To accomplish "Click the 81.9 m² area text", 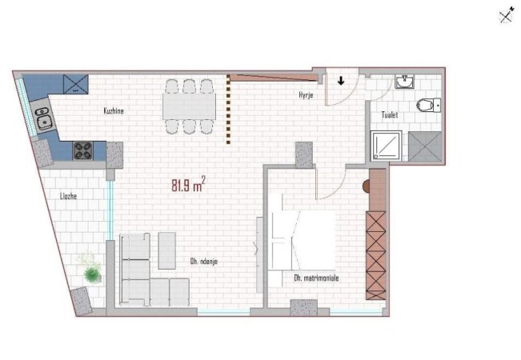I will click(x=187, y=186).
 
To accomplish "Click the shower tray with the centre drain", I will click(x=387, y=149).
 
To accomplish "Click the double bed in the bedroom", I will click(x=303, y=241).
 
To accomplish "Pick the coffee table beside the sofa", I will click(x=167, y=250).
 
